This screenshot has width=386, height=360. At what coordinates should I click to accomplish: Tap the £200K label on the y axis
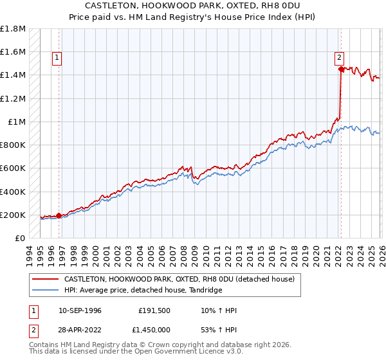(x=13, y=215)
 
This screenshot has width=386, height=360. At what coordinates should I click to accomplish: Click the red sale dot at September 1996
(x=59, y=216)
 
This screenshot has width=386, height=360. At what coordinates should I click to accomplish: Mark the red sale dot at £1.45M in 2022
(x=340, y=69)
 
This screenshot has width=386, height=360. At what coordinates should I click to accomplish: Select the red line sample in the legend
(x=45, y=279)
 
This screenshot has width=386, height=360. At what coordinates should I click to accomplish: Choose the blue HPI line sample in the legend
(x=45, y=290)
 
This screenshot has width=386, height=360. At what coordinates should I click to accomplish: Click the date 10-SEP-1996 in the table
(x=80, y=310)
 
